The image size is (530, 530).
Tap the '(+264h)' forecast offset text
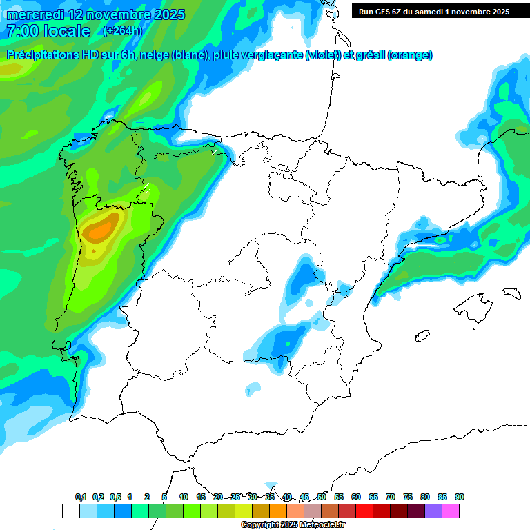pos(122,30)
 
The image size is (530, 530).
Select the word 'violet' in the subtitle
pos(322,55)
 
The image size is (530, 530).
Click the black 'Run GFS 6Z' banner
pos(433,11)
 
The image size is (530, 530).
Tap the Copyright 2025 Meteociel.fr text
pos(293,525)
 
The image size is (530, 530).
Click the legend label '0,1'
pos(81,497)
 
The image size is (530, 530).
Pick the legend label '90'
pos(460,497)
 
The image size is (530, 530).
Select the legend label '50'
pos(322,497)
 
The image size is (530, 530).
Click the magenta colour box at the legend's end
pos(451,511)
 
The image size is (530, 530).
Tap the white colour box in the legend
pos(70,511)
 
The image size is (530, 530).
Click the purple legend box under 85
pos(433,511)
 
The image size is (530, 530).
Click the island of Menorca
pos(512,293)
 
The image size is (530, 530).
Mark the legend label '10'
pos(184,497)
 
